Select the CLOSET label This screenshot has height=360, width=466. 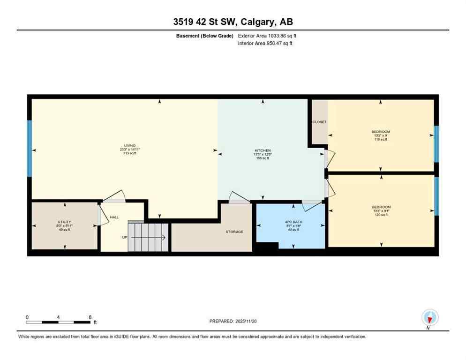coord(319,122)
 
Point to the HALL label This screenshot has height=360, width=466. coord(114,217)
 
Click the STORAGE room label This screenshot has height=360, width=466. coord(234,232)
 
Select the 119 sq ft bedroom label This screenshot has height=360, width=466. coord(380,132)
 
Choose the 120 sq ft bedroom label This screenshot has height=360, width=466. coord(381,207)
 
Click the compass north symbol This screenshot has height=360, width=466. coord(429,318)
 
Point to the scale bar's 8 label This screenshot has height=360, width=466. coord(90,317)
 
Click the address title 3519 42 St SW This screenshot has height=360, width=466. coord(233,22)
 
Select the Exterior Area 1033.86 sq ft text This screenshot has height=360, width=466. coord(268,36)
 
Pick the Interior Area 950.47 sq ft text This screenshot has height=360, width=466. coord(267,44)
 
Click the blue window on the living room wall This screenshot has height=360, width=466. coord(29,148)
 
